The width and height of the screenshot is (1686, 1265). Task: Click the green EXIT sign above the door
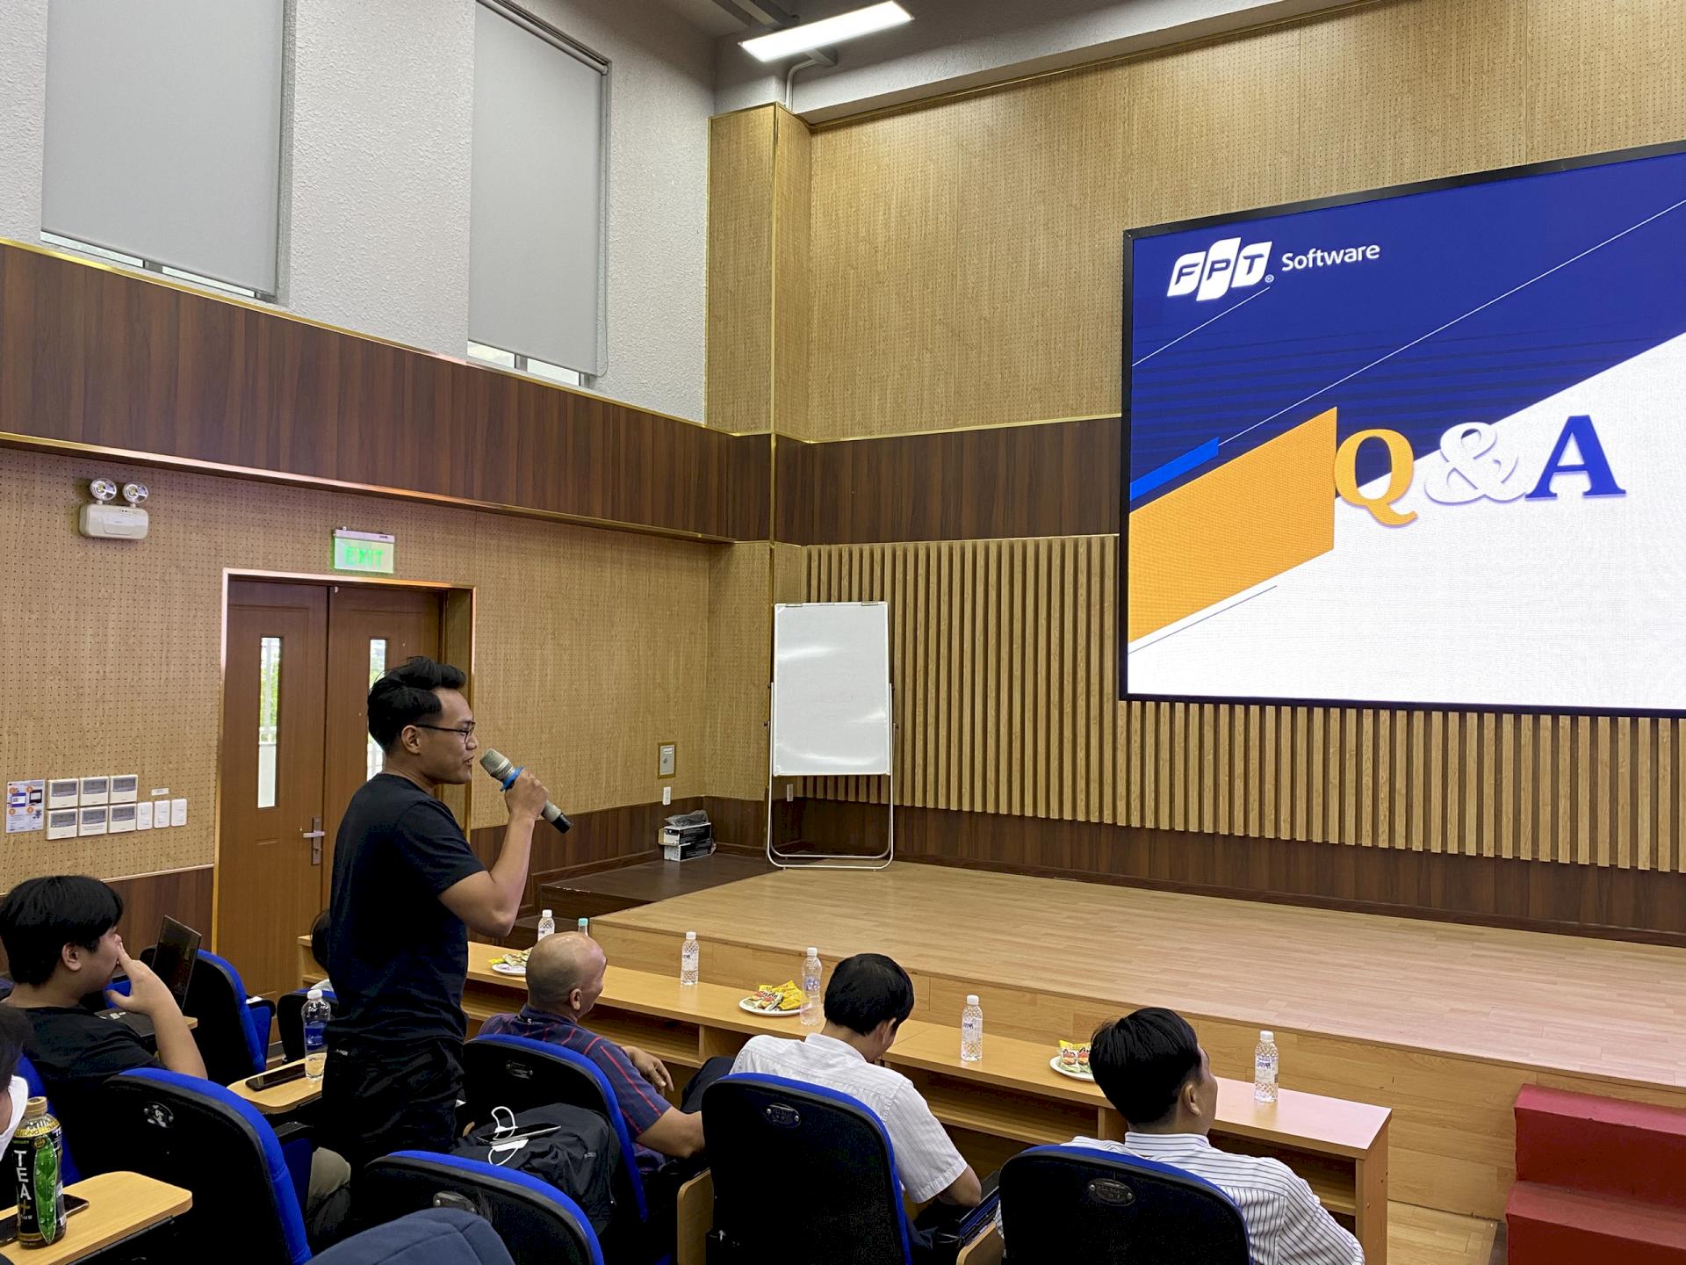point(364,553)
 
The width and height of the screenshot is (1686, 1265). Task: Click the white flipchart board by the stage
point(831,689)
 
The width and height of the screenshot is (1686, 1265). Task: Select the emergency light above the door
point(114,510)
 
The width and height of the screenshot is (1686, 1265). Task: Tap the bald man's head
point(566,970)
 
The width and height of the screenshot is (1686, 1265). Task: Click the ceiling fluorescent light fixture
point(825,31)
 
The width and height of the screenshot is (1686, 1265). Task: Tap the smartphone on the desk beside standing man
point(275,1078)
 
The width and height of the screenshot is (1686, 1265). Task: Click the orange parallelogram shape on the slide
point(1229,527)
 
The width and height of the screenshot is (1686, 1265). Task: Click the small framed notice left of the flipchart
point(666,761)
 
